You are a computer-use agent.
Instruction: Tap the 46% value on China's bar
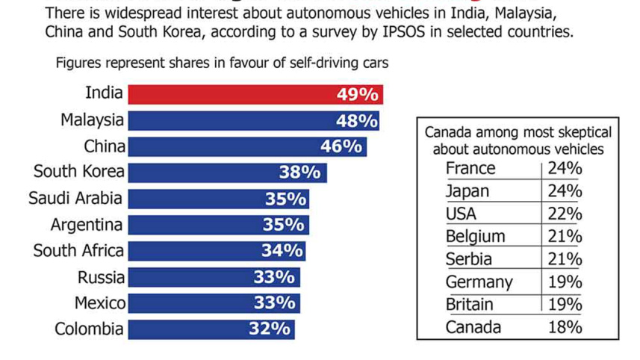click(341, 146)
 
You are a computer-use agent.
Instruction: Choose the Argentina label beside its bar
click(87, 225)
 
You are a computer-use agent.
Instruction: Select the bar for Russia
click(214, 277)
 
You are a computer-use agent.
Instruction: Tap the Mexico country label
click(99, 303)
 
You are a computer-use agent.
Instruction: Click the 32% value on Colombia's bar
click(269, 329)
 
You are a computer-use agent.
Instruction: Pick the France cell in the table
click(470, 168)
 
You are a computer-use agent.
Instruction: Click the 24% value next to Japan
click(565, 191)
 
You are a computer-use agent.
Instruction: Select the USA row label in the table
click(461, 214)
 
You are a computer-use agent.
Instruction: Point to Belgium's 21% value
click(565, 237)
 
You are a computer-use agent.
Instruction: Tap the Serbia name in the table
click(468, 259)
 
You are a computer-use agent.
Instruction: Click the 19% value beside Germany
click(565, 282)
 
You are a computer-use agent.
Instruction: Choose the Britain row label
click(469, 305)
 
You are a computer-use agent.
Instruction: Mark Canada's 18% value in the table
click(565, 327)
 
